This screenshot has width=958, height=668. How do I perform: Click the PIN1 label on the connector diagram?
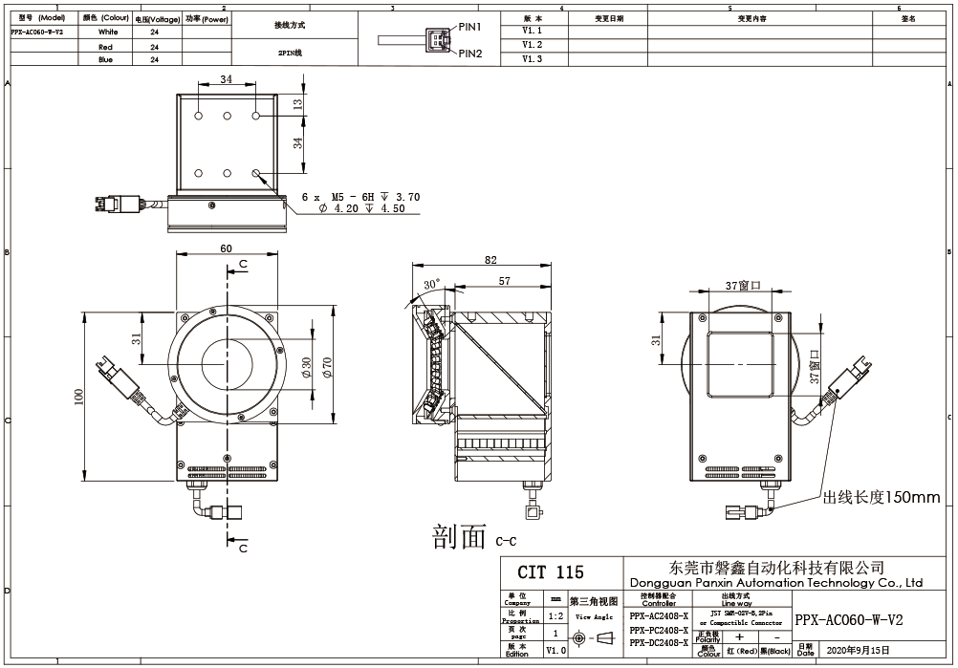(x=470, y=27)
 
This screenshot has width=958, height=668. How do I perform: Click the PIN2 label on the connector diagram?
(x=470, y=54)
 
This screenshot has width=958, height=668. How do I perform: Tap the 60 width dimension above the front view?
(x=227, y=248)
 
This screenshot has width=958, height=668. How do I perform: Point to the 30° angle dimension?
(x=432, y=285)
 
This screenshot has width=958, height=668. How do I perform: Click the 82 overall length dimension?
(x=490, y=260)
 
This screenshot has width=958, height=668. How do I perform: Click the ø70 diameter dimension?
(x=326, y=366)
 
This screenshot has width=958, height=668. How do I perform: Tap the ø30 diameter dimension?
(x=306, y=366)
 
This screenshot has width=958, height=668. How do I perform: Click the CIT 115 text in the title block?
(x=550, y=572)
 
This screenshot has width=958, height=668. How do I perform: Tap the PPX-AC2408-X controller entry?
(x=659, y=617)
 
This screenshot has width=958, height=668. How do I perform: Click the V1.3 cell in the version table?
(x=533, y=59)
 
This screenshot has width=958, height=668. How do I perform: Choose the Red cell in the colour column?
(x=106, y=46)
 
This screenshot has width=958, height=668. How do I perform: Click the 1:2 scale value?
(x=555, y=617)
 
